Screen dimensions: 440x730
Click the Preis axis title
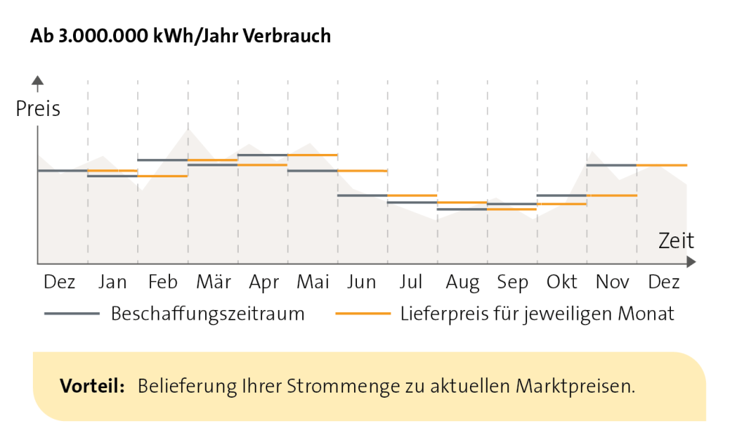click(38, 109)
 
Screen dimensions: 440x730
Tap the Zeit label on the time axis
click(676, 240)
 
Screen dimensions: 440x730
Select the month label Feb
click(163, 282)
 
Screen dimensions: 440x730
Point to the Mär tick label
click(213, 282)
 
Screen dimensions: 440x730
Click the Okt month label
click(562, 282)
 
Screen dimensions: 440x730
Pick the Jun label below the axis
click(362, 282)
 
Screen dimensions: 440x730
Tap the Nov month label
click(612, 282)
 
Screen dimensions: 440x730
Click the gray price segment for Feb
click(163, 160)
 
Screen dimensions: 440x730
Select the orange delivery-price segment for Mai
click(312, 155)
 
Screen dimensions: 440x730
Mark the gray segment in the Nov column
click(612, 165)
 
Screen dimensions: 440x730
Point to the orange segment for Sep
click(512, 209)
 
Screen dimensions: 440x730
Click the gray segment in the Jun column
click(362, 196)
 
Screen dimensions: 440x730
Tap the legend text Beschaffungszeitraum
click(207, 314)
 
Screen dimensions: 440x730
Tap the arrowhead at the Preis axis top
click(38, 80)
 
